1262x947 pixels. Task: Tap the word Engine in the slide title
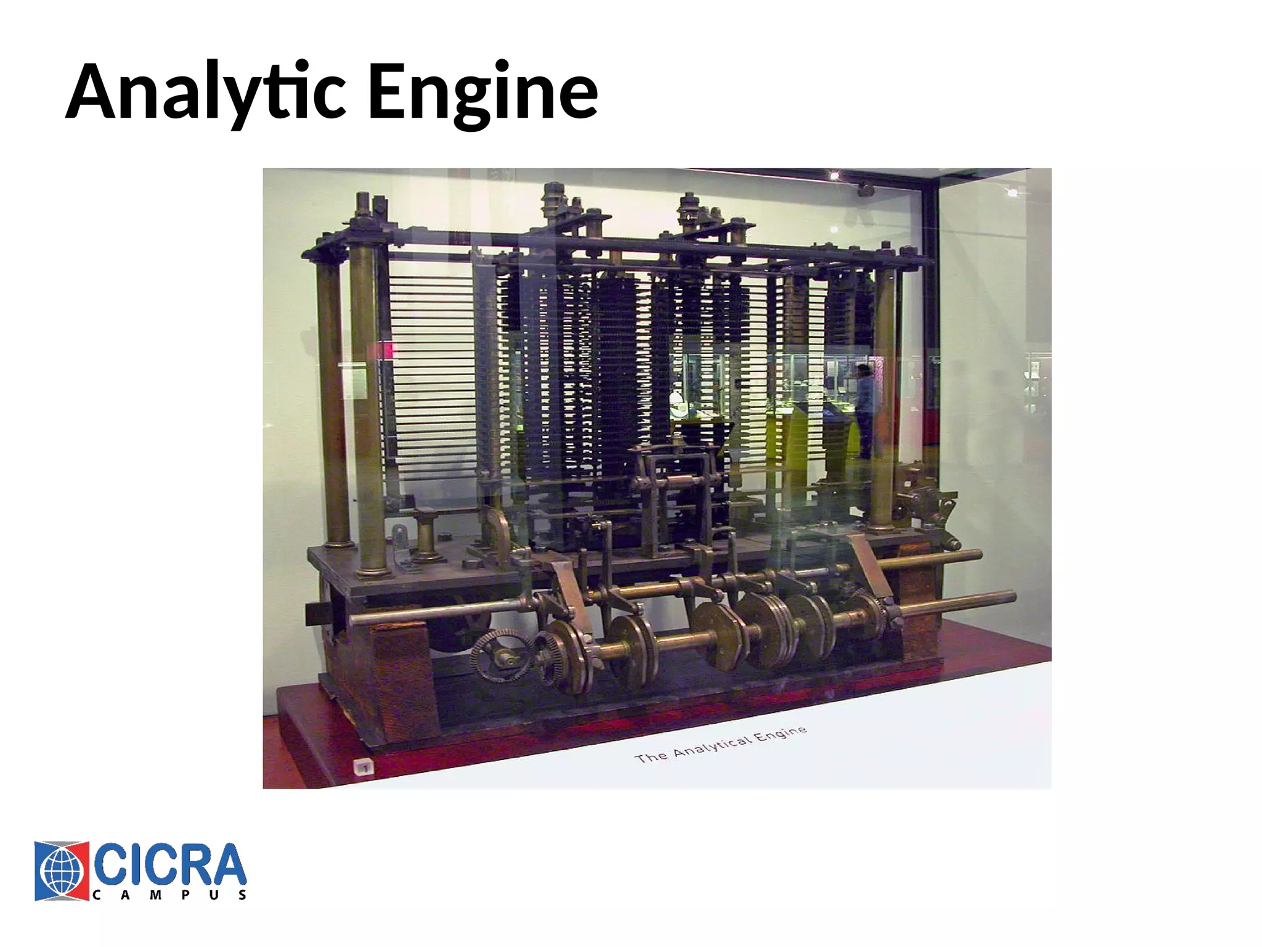tap(482, 92)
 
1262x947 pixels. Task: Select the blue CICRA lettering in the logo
tap(169, 864)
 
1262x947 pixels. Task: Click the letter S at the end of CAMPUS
tap(243, 895)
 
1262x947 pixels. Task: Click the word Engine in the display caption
tap(780, 734)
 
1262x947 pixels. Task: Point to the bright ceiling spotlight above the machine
tap(834, 176)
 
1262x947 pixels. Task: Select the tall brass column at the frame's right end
tap(882, 401)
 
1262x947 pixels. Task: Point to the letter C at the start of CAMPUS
tap(96, 895)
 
